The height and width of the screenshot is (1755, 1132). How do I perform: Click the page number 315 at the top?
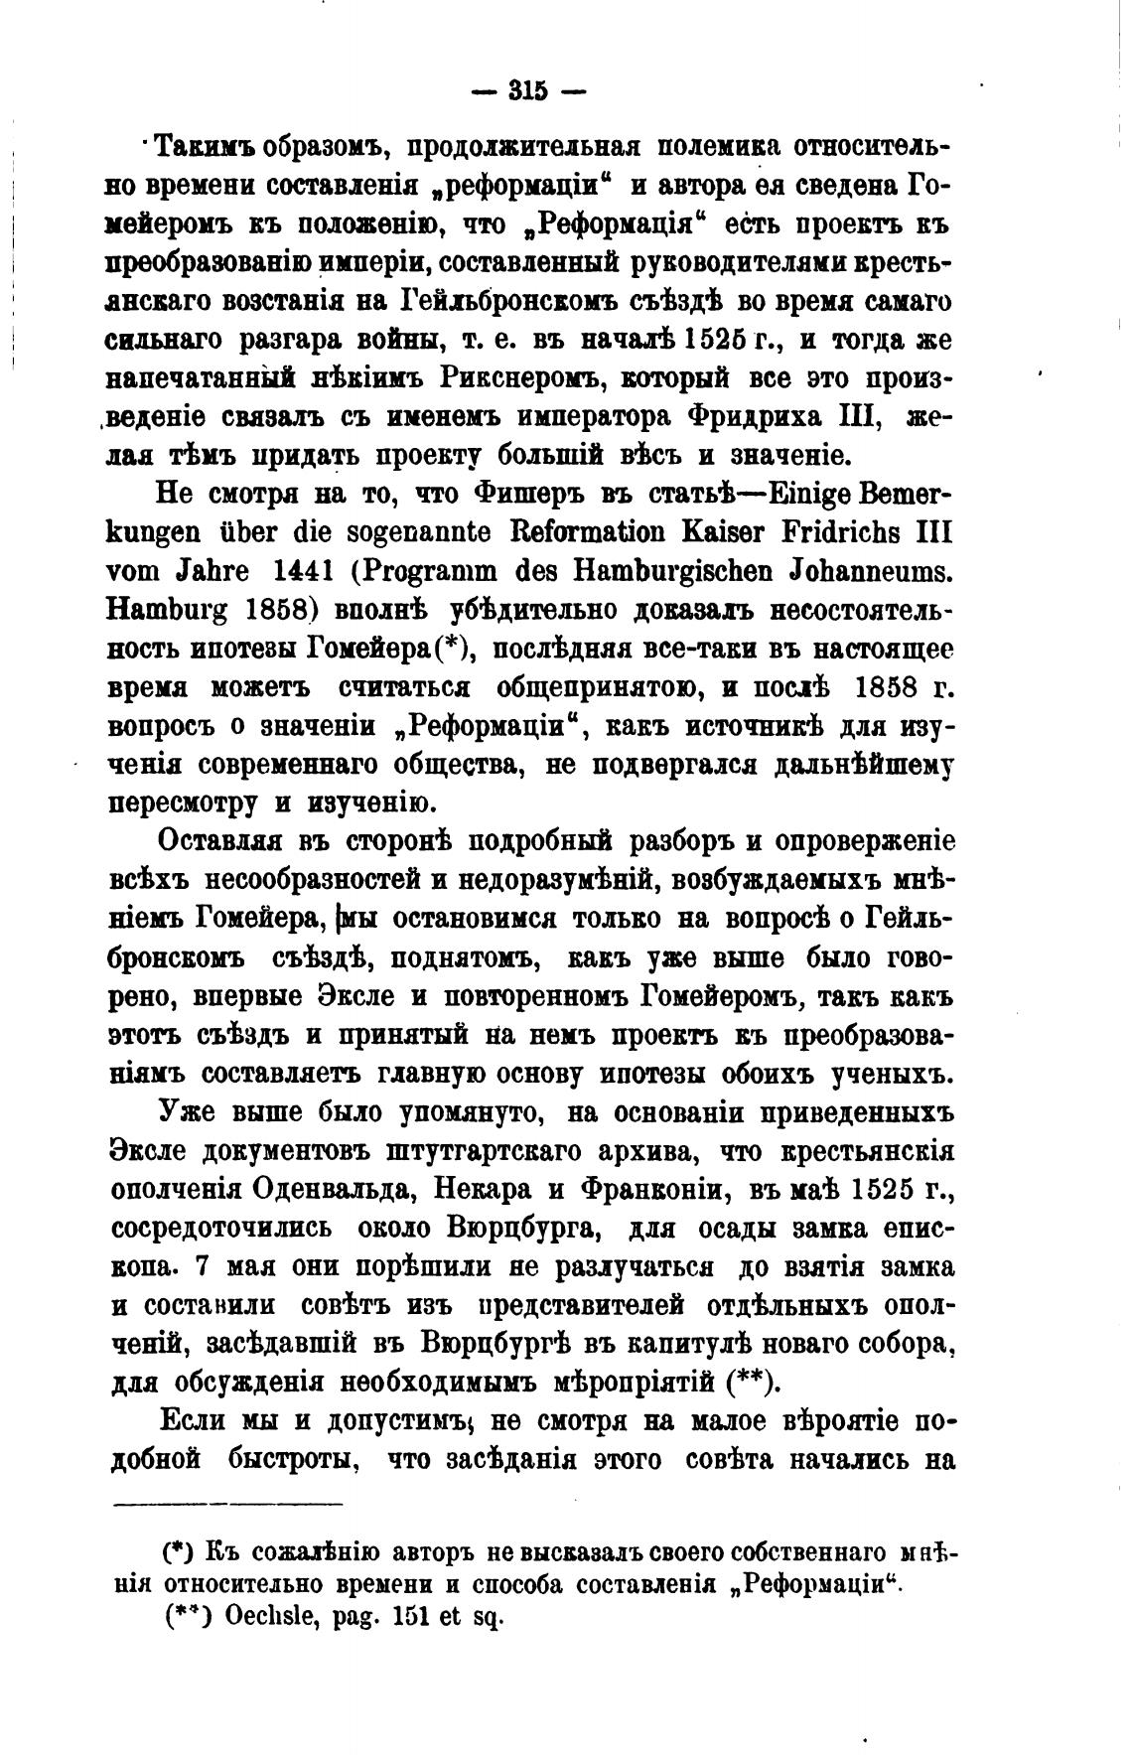click(x=527, y=90)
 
